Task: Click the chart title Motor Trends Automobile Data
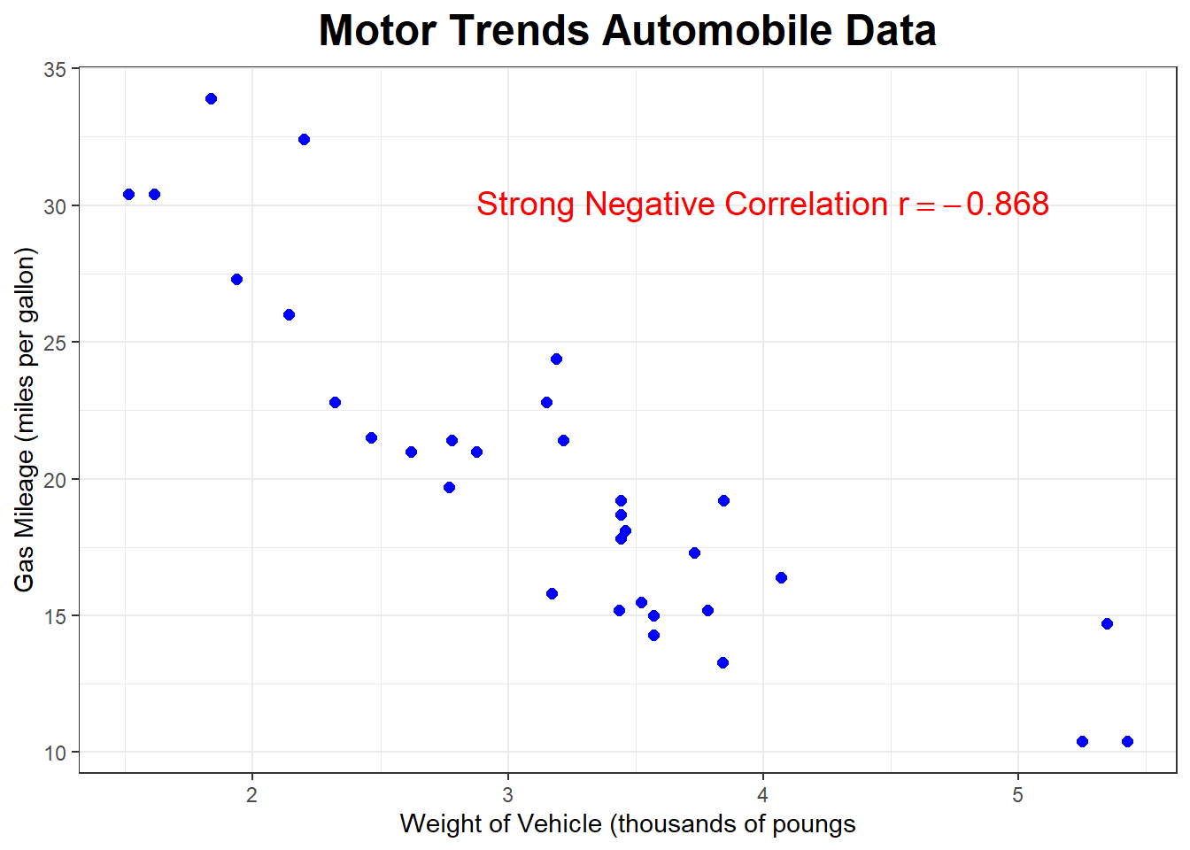click(x=627, y=31)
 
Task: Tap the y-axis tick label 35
click(x=55, y=69)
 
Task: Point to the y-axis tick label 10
click(x=55, y=753)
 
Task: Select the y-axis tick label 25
click(x=55, y=343)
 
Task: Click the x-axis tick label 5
click(x=1017, y=794)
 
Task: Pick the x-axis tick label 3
click(x=507, y=794)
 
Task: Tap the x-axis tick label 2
click(x=252, y=794)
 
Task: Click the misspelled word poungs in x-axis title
click(x=814, y=824)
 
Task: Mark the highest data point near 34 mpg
click(x=211, y=98)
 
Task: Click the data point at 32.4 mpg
click(x=304, y=139)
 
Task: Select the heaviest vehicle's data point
click(x=1127, y=741)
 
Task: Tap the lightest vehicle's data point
click(x=128, y=194)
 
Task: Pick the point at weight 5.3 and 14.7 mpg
click(x=1107, y=623)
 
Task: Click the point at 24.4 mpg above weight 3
click(x=556, y=359)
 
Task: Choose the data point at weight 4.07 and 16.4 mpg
click(x=781, y=577)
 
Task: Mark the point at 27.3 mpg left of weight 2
click(x=236, y=279)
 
